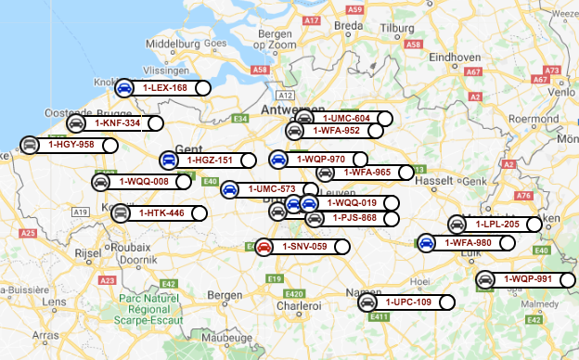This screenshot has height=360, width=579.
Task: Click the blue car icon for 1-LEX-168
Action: (x=123, y=88)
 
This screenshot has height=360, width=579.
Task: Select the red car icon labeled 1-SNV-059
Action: (x=264, y=247)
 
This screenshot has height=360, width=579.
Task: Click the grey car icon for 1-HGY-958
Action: (x=30, y=145)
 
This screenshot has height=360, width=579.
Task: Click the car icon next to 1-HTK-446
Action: (x=120, y=213)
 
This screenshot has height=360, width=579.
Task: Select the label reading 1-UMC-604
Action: (x=346, y=119)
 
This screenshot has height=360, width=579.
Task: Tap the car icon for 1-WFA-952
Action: (x=294, y=131)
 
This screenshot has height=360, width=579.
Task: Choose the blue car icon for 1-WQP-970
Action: (x=277, y=160)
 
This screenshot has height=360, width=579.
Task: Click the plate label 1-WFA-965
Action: (x=367, y=172)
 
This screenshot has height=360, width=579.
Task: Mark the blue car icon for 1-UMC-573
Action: (x=230, y=189)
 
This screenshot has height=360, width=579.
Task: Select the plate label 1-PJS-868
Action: (x=354, y=218)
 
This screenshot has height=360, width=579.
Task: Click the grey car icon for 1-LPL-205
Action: (x=457, y=224)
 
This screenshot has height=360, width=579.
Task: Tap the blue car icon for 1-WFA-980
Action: (x=426, y=243)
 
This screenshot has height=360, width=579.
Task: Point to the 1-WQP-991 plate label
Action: (x=527, y=279)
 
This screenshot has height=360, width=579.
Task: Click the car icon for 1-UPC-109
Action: (x=367, y=302)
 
